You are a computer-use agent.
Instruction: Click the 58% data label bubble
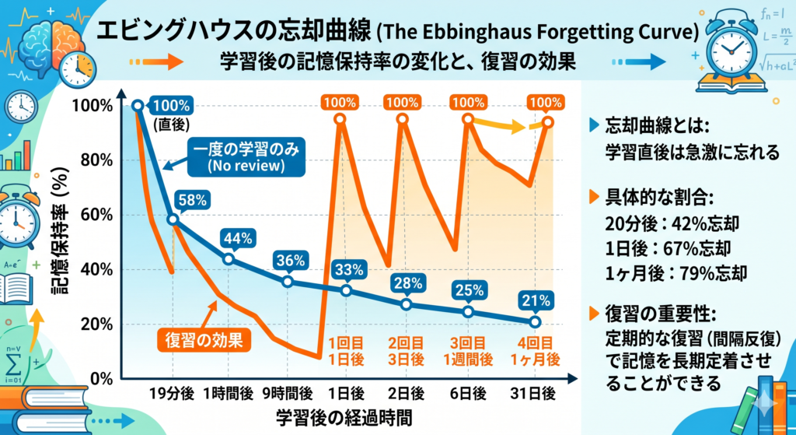pyautogui.click(x=193, y=200)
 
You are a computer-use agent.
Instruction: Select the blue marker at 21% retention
pyautogui.click(x=535, y=322)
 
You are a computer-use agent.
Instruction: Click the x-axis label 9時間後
pyautogui.click(x=288, y=394)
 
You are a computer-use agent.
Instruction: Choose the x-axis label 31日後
pyautogui.click(x=535, y=394)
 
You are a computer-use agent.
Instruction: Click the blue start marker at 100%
pyautogui.click(x=138, y=106)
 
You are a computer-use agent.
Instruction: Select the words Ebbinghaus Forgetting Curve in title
pyautogui.click(x=547, y=35)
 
